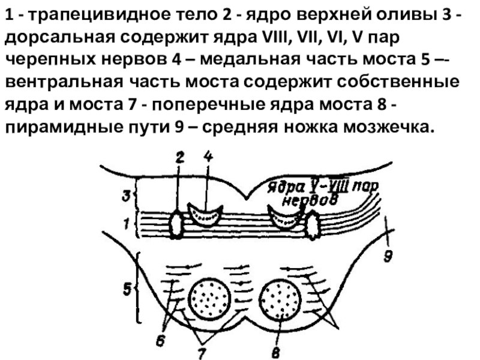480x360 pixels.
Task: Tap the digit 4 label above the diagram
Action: pyautogui.click(x=208, y=157)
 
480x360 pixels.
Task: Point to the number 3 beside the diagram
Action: pyautogui.click(x=126, y=195)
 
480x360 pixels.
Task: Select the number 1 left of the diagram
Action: pyautogui.click(x=126, y=224)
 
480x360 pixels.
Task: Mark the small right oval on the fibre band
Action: pyautogui.click(x=313, y=226)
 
